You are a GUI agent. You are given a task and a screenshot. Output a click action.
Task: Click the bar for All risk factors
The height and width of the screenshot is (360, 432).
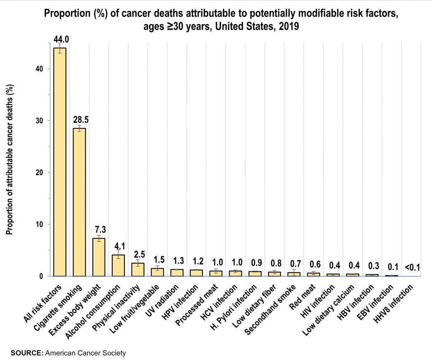point(59,162)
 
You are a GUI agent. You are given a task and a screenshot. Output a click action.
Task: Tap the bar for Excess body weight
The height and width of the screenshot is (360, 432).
point(99,257)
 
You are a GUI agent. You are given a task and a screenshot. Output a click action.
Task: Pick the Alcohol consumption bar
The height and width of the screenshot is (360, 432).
point(118,265)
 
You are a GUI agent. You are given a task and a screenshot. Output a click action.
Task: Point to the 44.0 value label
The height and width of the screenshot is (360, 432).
point(61,40)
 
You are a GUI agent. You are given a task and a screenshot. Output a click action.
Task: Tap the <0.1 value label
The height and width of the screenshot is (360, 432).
point(412,267)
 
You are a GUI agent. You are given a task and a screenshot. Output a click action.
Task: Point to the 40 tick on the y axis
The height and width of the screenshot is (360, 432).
point(39,69)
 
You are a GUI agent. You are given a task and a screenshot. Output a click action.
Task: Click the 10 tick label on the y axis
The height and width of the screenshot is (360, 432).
point(39,224)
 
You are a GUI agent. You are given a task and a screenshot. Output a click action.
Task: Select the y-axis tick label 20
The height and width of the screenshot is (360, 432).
point(39,172)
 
